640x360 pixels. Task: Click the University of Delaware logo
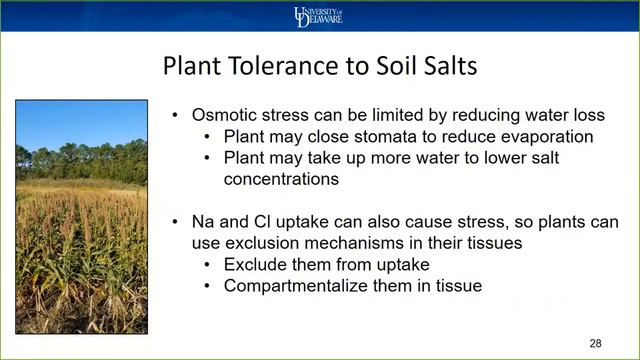click(319, 16)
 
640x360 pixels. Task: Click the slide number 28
click(595, 343)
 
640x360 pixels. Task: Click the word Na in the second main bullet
click(203, 221)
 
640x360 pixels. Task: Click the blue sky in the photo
click(80, 120)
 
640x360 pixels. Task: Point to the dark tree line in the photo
click(80, 162)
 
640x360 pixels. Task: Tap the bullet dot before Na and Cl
click(176, 221)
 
